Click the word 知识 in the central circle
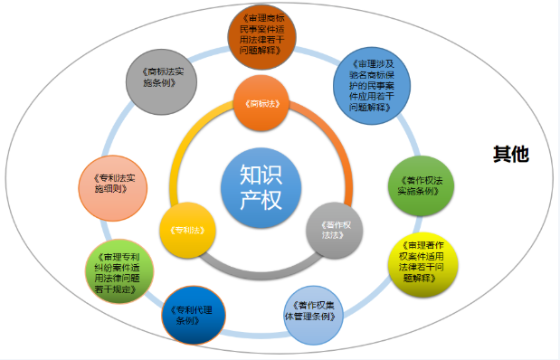255,172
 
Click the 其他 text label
510,155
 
